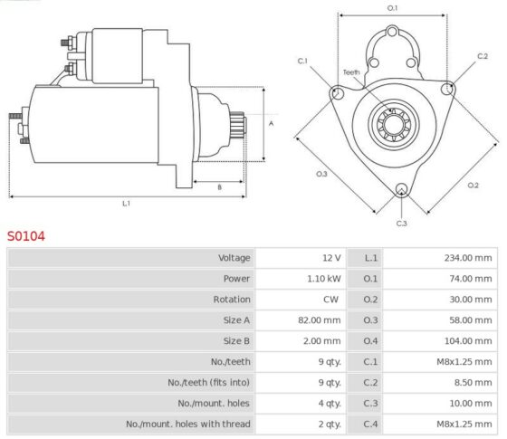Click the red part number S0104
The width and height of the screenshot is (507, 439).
tap(26, 236)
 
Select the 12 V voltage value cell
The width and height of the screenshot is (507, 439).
tap(331, 258)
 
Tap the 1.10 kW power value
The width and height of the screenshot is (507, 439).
tap(324, 279)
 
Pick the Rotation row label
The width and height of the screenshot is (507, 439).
tap(232, 300)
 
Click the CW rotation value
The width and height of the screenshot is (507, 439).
tap(330, 300)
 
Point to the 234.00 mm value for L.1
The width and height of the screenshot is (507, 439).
tap(468, 258)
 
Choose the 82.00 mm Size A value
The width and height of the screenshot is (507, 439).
tap(319, 320)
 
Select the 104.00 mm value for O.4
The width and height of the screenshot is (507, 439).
tap(468, 340)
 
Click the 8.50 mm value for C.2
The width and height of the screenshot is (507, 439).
tap(473, 382)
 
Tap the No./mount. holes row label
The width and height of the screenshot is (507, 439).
tap(214, 403)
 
